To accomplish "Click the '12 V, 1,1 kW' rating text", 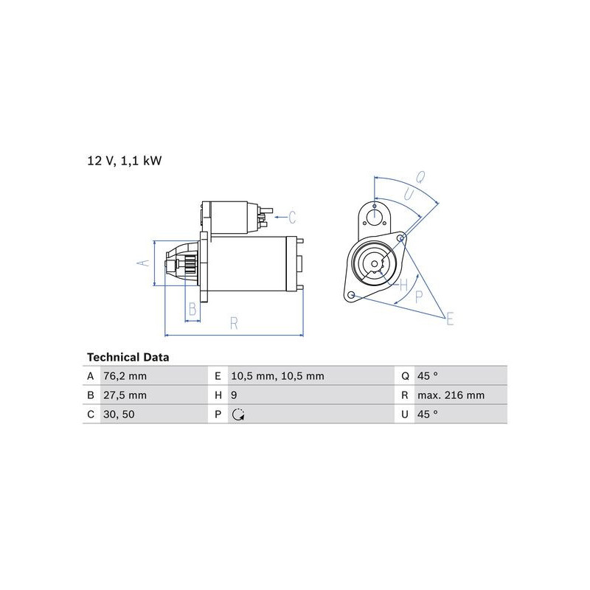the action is pos(125,161).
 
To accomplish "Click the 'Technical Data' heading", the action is pos(128,357).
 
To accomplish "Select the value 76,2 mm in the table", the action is pos(125,376).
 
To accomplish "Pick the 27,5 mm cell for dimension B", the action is pos(125,395).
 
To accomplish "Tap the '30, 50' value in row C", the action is pos(119,414).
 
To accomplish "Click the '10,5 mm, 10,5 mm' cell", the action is pos(278,376).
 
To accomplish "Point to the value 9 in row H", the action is pos(234,395).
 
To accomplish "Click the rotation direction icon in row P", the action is pos(238,414).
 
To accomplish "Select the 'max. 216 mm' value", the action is pos(451,395).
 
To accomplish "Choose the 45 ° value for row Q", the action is pos(428,376).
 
